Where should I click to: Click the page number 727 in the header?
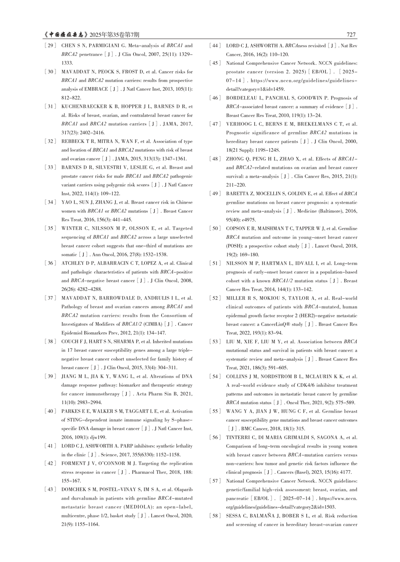351,35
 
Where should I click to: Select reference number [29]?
50,45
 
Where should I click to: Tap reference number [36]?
50,263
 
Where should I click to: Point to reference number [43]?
50,490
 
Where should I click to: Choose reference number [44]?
215,45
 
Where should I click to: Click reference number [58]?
215,516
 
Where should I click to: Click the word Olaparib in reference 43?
183,490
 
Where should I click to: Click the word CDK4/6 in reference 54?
304,385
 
